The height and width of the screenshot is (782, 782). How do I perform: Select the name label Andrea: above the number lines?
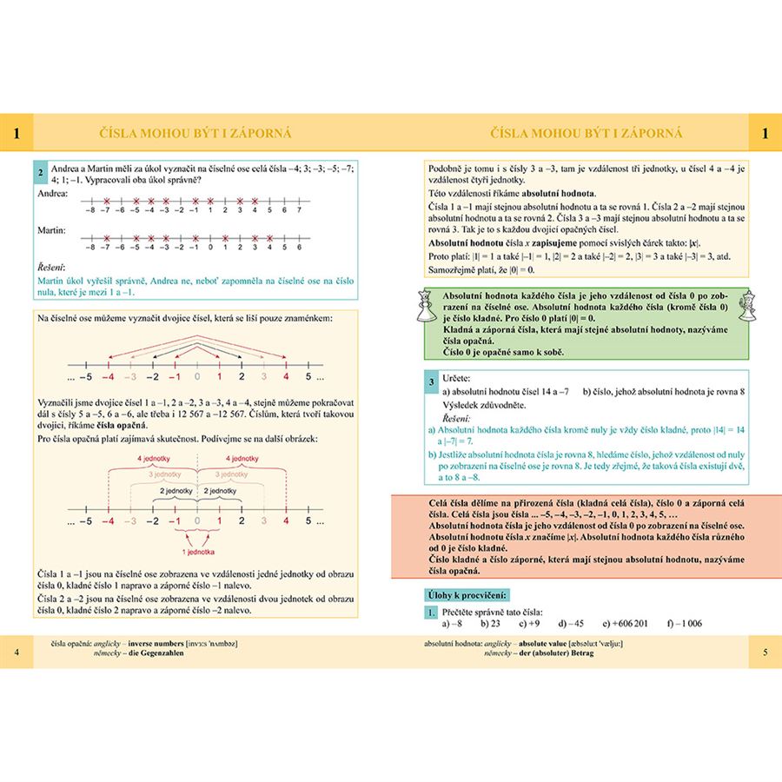(x=53, y=193)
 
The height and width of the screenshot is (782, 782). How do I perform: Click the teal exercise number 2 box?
(x=40, y=172)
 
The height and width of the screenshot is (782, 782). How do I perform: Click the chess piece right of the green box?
(x=746, y=304)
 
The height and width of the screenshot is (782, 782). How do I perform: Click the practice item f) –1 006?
(x=685, y=624)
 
